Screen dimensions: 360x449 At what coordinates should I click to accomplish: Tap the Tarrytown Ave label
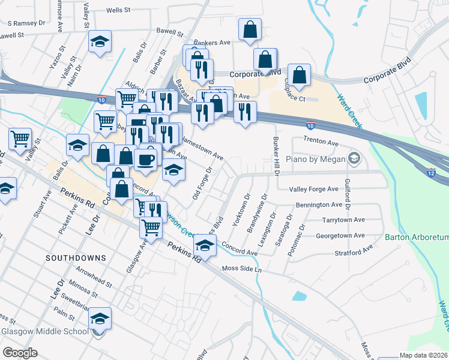tap(343, 220)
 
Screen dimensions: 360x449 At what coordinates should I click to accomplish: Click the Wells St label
tap(118, 10)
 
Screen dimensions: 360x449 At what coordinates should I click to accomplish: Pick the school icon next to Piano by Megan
tap(354, 158)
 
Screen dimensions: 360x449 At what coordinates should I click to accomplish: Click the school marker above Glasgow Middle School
tap(100, 319)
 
